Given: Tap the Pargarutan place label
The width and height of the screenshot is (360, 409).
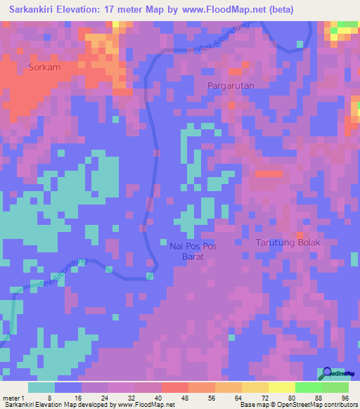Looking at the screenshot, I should point(231,85).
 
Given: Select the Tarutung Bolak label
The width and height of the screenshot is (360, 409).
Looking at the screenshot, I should point(287,242).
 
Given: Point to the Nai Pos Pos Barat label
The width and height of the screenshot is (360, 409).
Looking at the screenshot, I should point(191,251).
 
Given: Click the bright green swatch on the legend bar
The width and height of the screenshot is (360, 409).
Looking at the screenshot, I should point(309,387).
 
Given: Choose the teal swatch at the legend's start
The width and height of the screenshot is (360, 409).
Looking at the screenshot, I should point(41,387).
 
